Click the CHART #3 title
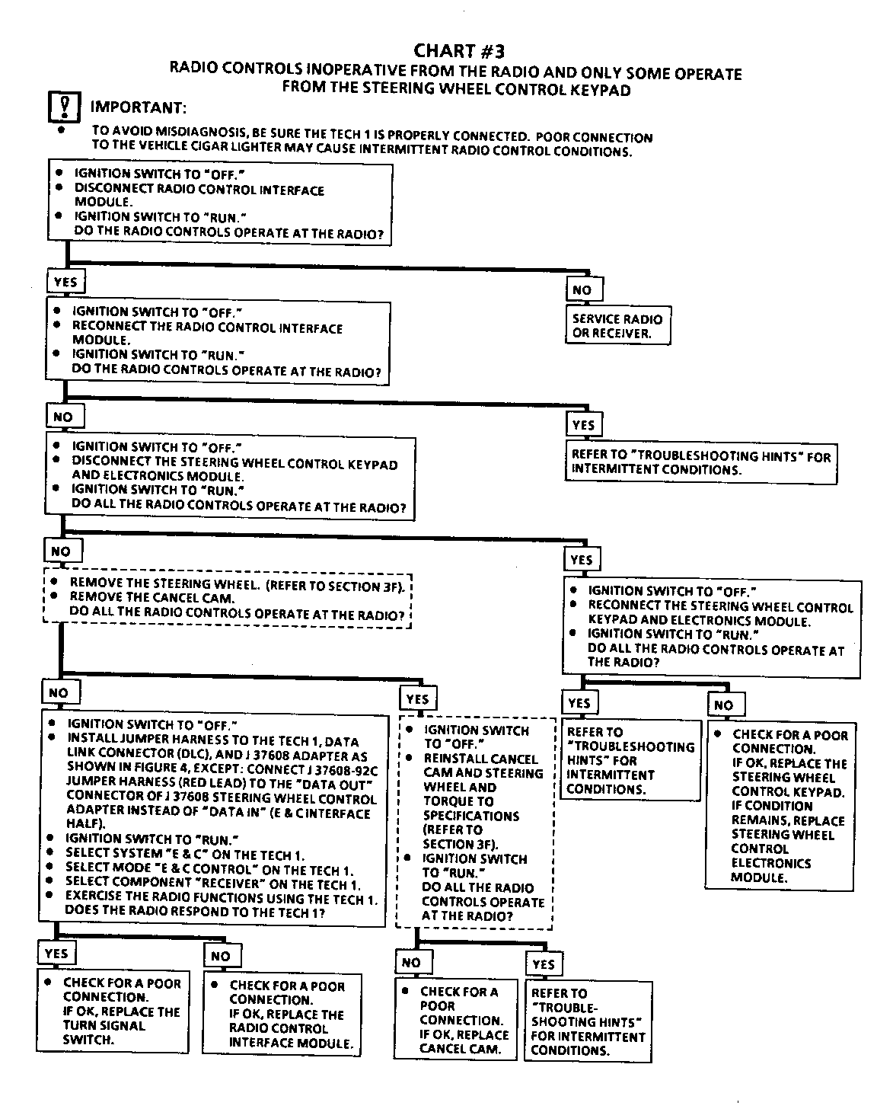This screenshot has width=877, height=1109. point(458,50)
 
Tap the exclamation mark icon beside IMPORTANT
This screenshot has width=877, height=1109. point(64,106)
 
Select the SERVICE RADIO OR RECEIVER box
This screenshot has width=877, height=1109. point(618,326)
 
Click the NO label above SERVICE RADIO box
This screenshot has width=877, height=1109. point(582,289)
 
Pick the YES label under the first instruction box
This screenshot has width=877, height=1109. point(65,281)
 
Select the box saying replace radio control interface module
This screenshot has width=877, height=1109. point(282,1014)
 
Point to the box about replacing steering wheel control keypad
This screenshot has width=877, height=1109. point(781,805)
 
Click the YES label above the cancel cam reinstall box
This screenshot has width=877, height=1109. point(417,698)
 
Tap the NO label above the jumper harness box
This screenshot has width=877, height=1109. point(59,692)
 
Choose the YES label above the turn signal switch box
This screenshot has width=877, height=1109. point(56,953)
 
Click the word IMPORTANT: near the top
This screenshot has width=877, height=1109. point(138,107)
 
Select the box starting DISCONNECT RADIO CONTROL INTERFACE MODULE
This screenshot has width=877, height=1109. point(219,203)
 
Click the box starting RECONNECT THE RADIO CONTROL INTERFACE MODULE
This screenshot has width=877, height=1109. point(218,341)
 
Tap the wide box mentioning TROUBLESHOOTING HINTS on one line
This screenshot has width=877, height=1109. point(701,462)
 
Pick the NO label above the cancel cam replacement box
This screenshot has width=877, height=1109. point(411,962)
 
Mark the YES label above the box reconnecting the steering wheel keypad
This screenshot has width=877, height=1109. point(582,560)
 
